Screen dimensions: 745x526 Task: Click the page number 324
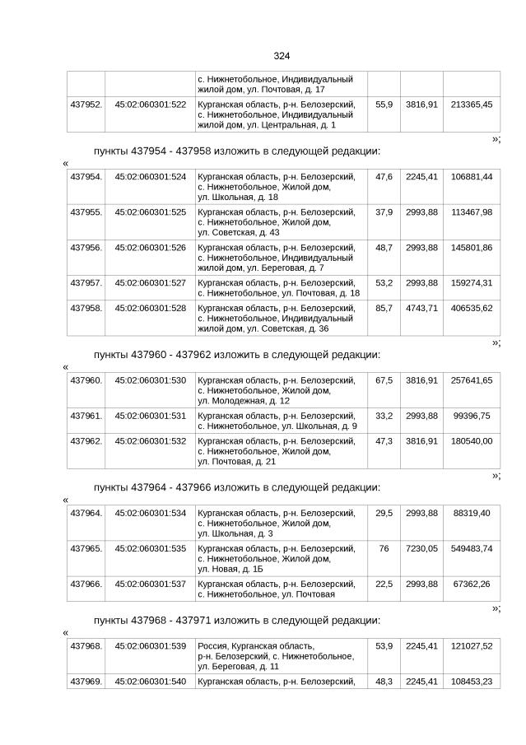(x=282, y=56)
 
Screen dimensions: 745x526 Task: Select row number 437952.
(x=86, y=105)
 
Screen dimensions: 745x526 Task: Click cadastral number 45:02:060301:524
(x=150, y=177)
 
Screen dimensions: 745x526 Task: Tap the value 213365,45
(x=472, y=105)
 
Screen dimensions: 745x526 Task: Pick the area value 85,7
(x=384, y=308)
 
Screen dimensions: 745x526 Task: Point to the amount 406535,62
(x=472, y=308)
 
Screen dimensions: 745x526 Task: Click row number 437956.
(x=86, y=248)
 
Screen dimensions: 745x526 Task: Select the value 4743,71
(x=421, y=308)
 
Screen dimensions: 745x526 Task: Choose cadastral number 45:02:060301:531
(x=150, y=416)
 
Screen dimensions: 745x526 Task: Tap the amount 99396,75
(x=472, y=416)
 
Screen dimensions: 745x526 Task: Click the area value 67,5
(x=384, y=380)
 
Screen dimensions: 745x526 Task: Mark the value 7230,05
(x=421, y=549)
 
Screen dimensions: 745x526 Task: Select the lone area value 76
(x=384, y=549)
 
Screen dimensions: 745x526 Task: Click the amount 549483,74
(x=472, y=549)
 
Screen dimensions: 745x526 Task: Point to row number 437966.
(x=86, y=584)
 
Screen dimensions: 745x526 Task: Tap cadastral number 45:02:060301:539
(x=150, y=646)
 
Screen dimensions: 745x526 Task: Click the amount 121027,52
(x=472, y=646)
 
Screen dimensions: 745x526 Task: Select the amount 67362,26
(x=472, y=584)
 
